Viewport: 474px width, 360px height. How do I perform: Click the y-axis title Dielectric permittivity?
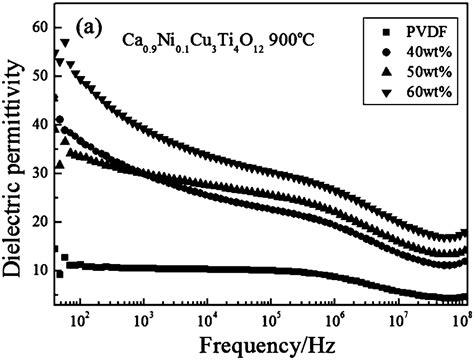[14, 162]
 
